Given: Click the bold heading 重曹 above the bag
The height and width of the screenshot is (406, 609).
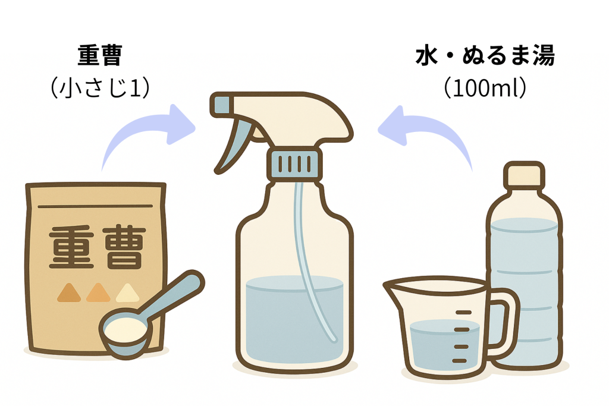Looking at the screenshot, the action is (100, 55).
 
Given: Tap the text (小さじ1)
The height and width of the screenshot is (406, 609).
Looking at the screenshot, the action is (100, 88).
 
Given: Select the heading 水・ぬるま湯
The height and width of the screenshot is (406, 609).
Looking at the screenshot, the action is (485, 55).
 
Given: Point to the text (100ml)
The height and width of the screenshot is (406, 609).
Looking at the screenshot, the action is (485, 88).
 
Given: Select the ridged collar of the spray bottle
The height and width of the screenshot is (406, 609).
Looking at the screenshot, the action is (294, 164).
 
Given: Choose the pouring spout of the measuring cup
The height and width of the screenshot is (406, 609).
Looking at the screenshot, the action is (393, 288).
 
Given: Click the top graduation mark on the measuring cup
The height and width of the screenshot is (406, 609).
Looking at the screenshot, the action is (463, 312).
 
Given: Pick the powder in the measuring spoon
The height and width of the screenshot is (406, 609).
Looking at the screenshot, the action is (125, 331).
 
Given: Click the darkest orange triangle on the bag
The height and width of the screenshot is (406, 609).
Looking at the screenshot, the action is (69, 292).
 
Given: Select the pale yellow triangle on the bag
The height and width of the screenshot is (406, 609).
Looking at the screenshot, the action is (128, 292).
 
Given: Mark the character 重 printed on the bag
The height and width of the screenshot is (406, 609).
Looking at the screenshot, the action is (71, 248).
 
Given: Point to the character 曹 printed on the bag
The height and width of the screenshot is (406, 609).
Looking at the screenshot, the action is (124, 248).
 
